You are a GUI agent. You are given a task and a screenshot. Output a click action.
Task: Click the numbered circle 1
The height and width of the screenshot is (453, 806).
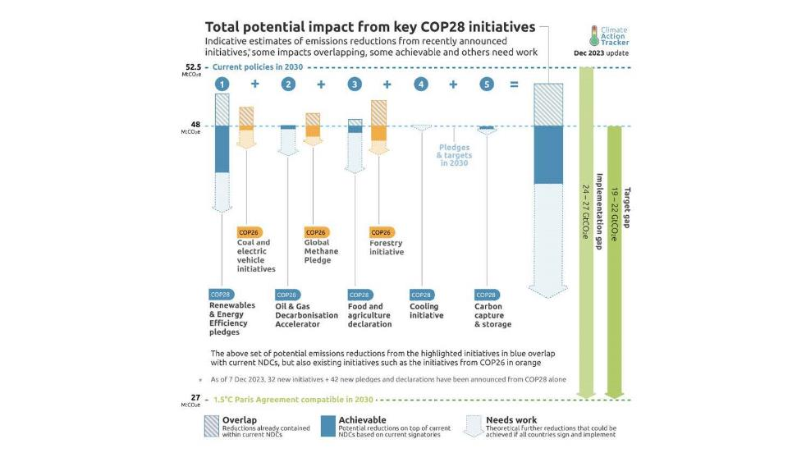pyautogui.click(x=222, y=85)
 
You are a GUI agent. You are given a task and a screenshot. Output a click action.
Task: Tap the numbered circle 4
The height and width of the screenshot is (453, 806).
pyautogui.click(x=421, y=85)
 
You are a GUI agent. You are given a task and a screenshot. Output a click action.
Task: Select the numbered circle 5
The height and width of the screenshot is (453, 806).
pyautogui.click(x=487, y=85)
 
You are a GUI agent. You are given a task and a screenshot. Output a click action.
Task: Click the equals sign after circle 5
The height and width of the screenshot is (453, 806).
pyautogui.click(x=515, y=85)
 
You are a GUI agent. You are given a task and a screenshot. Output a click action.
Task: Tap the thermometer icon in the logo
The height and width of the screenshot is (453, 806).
pyautogui.click(x=593, y=35)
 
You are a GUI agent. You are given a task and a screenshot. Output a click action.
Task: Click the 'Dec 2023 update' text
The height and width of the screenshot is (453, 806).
pyautogui.click(x=602, y=52)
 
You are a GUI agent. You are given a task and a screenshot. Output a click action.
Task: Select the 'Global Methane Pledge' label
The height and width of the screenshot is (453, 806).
pyautogui.click(x=318, y=251)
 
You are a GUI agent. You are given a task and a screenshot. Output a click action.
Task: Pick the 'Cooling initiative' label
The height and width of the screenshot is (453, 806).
pyautogui.click(x=426, y=310)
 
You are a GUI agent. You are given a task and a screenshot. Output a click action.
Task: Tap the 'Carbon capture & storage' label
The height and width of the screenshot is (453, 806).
pyautogui.click(x=492, y=315)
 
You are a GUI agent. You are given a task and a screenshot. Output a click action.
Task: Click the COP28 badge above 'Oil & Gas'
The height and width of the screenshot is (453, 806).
pyautogui.click(x=286, y=295)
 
